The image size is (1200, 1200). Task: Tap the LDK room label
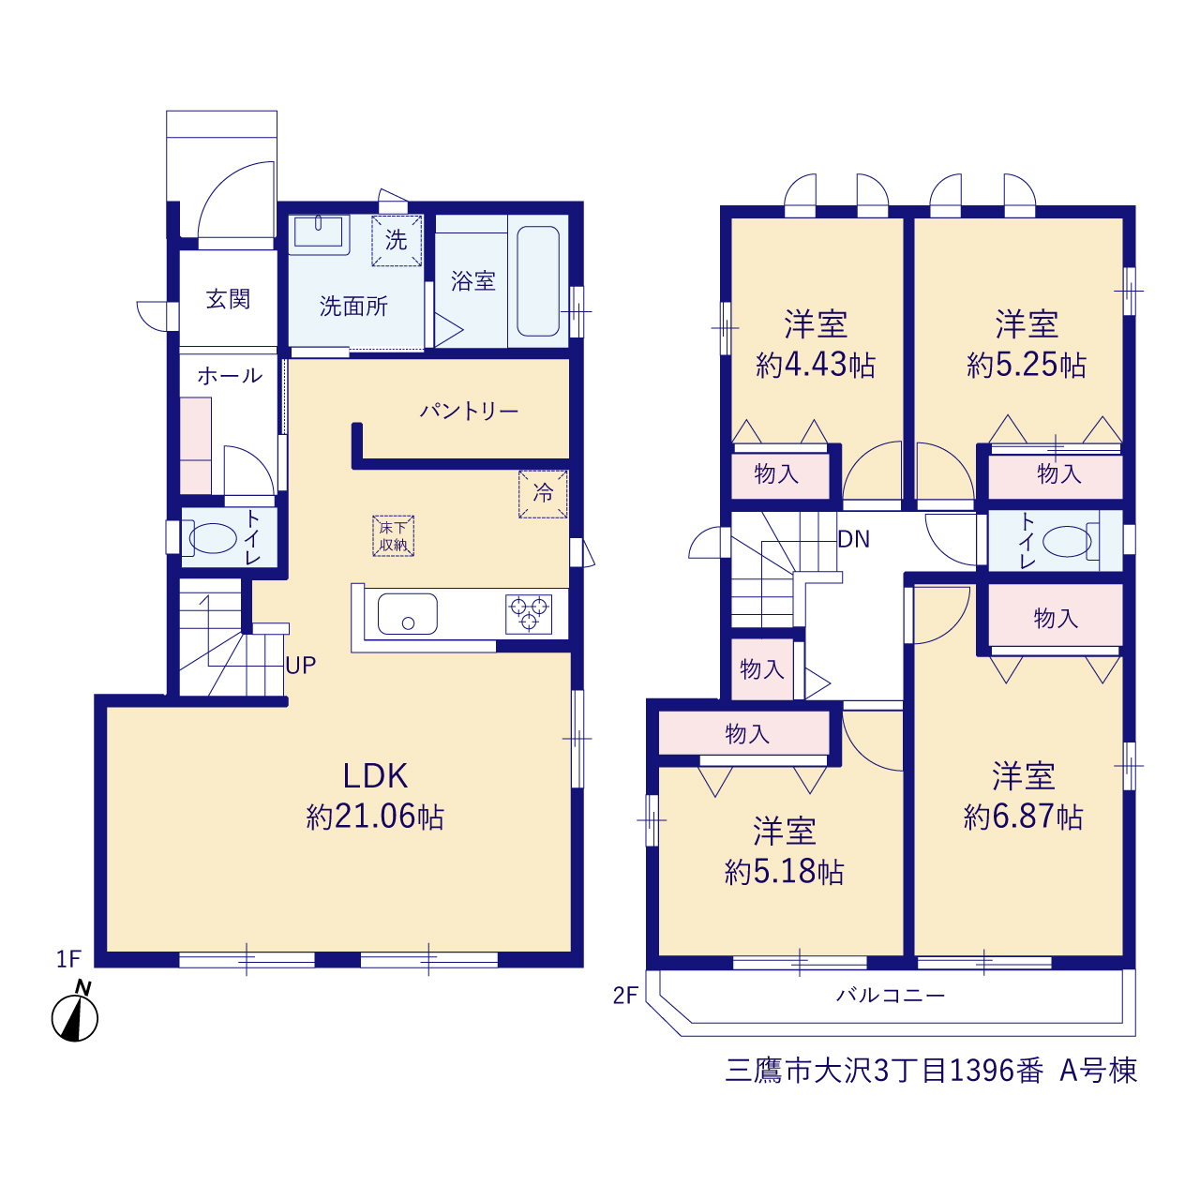tap(375, 776)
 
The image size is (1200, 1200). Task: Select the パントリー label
tap(469, 411)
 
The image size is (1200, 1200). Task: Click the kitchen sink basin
tap(407, 614)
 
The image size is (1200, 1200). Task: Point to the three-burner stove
tap(529, 614)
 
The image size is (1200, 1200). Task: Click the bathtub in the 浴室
tap(538, 281)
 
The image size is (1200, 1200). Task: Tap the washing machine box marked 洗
tap(397, 240)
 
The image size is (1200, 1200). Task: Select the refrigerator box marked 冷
tap(543, 494)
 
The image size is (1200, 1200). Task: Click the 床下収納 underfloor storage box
tap(394, 535)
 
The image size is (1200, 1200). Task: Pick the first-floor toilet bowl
tap(213, 538)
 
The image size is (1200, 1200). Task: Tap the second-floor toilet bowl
tap(1067, 541)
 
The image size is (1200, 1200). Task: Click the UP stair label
tap(301, 666)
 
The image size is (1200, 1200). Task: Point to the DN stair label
tap(854, 539)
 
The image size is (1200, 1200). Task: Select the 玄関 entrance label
tap(228, 299)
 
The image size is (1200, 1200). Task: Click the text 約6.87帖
tap(1023, 817)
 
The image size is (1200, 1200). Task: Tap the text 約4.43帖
tap(815, 365)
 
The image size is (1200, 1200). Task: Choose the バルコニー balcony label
tap(891, 995)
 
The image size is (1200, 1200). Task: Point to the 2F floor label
tap(625, 996)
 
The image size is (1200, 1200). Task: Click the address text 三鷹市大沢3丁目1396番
tap(884, 1071)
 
